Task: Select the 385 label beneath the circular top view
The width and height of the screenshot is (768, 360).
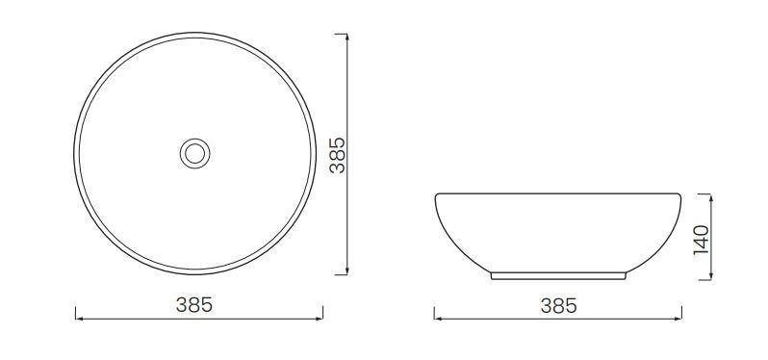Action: pos(194,305)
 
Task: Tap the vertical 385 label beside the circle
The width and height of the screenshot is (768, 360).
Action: pos(338,155)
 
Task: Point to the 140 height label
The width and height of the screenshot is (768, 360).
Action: pos(702,240)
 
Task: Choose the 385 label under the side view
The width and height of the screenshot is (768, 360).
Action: pos(559,306)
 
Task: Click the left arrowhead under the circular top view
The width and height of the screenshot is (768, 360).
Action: pos(79,319)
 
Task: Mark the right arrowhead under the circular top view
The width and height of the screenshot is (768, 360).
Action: pos(320,319)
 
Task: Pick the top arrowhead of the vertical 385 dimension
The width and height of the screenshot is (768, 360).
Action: pos(347,38)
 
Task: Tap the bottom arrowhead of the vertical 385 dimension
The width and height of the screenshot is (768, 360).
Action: pos(347,270)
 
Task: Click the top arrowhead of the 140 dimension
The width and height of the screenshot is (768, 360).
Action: pos(710,197)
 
